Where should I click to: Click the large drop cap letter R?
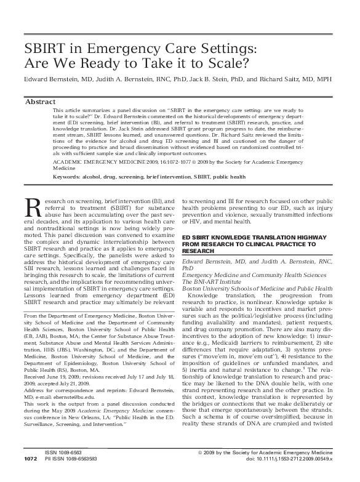click(31, 208)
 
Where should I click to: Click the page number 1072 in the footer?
click(30, 476)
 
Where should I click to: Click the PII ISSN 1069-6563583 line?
click(73, 476)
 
